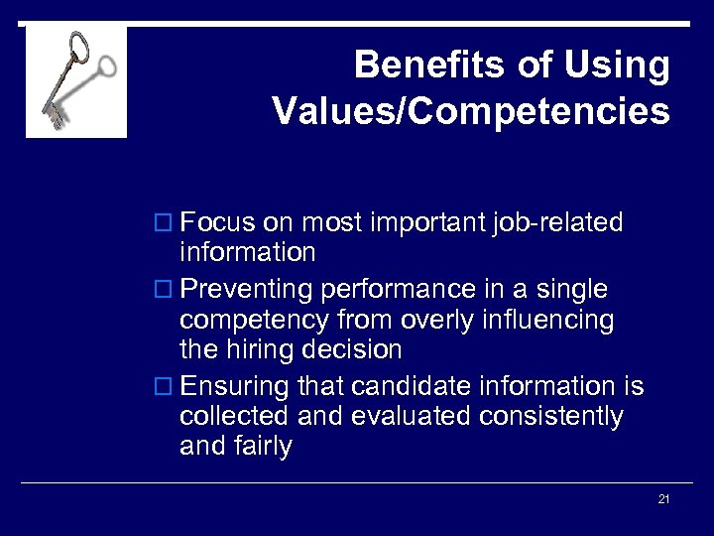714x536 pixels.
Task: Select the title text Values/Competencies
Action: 471,111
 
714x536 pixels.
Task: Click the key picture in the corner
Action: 76,81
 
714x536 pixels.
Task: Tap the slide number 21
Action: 663,499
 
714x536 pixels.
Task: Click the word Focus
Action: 217,222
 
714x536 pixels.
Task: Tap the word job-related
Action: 557,222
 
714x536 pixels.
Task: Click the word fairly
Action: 264,447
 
